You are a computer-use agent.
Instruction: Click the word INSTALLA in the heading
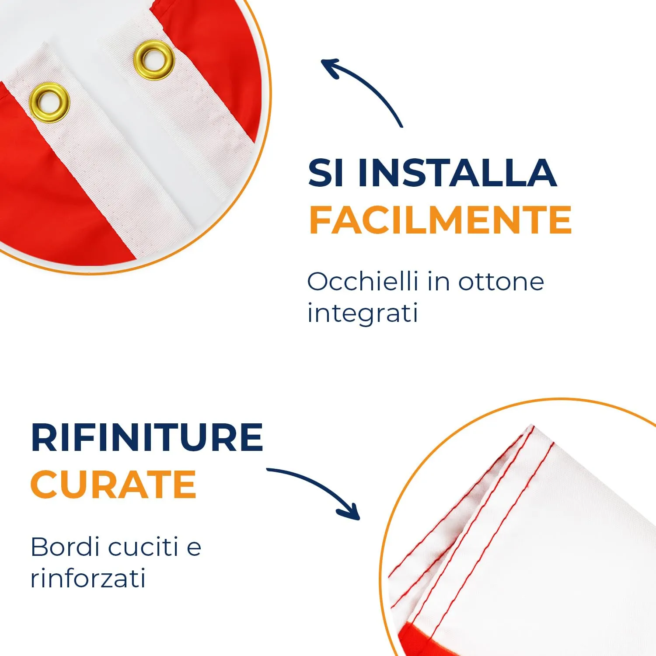tap(457, 173)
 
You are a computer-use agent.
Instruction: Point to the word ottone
tap(501, 282)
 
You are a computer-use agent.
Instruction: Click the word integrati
tap(363, 314)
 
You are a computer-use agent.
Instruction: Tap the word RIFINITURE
tap(147, 437)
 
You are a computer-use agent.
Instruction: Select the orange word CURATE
tap(113, 485)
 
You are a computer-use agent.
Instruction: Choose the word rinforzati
tap(88, 579)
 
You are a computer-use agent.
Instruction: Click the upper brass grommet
tap(154, 60)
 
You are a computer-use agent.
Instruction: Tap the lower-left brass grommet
tap(49, 102)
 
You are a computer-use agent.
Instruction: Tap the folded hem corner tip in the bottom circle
tap(531, 426)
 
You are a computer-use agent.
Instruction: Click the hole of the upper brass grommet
tap(154, 60)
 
